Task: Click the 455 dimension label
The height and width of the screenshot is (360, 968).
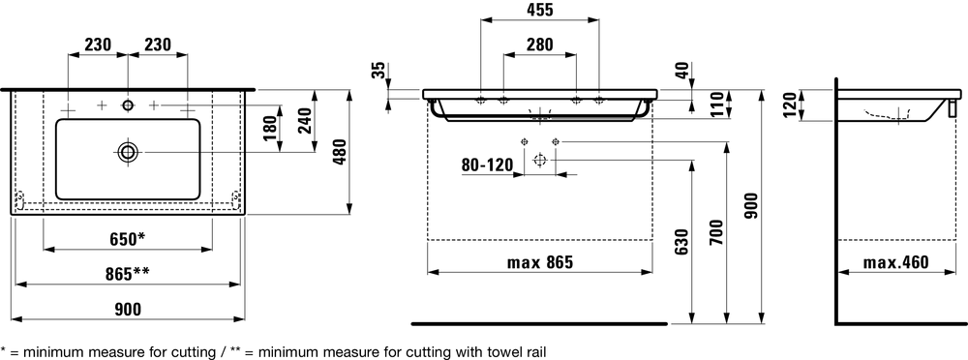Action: [x=540, y=10]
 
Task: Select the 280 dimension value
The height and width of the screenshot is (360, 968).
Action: [x=540, y=45]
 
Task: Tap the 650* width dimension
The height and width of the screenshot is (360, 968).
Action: [x=128, y=239]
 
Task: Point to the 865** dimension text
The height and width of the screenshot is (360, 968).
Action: [x=128, y=274]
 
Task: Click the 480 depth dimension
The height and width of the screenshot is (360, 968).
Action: [x=340, y=153]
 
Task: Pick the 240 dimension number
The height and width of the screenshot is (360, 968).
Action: [x=305, y=129]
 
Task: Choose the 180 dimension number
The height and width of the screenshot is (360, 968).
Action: [x=270, y=129]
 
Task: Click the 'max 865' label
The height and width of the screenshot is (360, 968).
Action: [x=540, y=262]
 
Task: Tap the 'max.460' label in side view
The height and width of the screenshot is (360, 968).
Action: [x=895, y=262]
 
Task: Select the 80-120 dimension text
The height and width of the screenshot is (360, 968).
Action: [x=488, y=165]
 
